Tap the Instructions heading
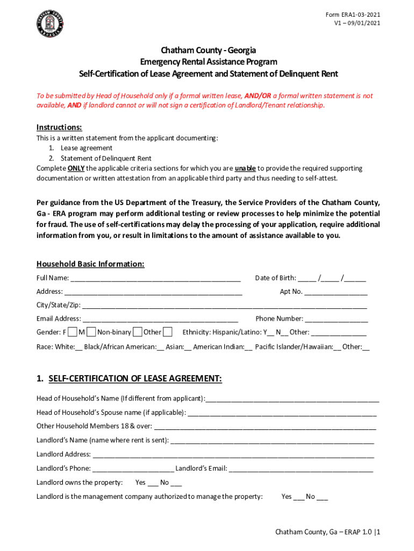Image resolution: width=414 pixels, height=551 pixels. (x=59, y=128)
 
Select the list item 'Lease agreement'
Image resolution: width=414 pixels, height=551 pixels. (x=86, y=148)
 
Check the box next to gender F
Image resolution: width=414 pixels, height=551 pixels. (x=73, y=332)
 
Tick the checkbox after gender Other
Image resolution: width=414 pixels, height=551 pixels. (x=168, y=332)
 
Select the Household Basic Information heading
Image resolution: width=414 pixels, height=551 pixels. (x=90, y=264)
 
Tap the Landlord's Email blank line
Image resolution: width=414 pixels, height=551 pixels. (x=301, y=469)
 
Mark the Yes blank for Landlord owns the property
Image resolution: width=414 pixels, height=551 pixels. (x=153, y=483)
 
